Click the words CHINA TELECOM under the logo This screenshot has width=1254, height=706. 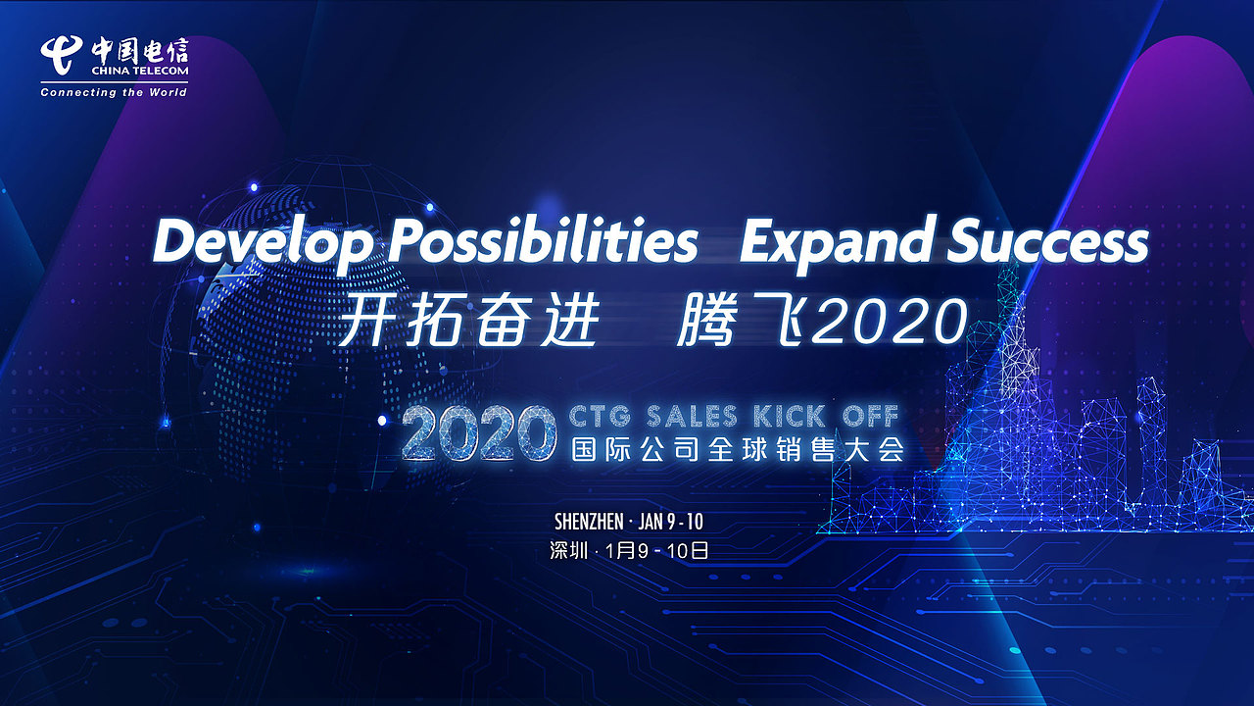pos(139,72)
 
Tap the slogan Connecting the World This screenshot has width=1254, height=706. pos(114,92)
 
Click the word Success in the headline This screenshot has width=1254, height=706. pos(1046,241)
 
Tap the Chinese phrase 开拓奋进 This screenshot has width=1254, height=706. pos(468,322)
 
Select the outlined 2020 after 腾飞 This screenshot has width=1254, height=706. pos(890,322)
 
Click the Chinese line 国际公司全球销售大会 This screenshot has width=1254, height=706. pos(737,450)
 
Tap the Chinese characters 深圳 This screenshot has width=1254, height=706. pos(568,550)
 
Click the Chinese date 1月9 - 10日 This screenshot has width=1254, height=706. pos(657,550)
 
